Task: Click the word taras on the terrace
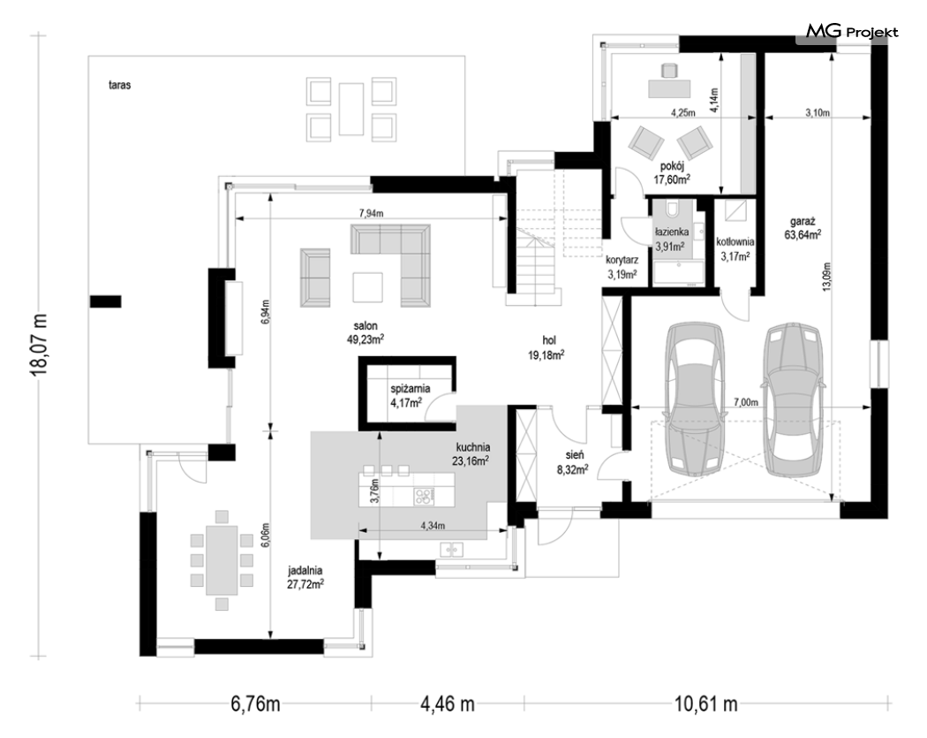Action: tap(119, 85)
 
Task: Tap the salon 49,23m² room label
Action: tap(366, 332)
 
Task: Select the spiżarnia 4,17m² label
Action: tap(410, 396)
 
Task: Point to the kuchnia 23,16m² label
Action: tap(472, 454)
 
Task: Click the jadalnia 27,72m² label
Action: tap(305, 578)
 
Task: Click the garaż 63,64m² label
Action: tap(803, 228)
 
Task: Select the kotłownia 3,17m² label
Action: tap(735, 248)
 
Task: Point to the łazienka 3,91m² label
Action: tap(671, 239)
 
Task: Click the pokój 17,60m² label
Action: tap(672, 172)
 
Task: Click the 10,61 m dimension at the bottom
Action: tap(706, 704)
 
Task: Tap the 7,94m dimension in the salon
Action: tap(372, 214)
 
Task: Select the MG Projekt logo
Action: tap(852, 31)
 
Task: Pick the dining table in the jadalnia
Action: tap(222, 559)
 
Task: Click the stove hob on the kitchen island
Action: tap(423, 496)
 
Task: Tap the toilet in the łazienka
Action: tap(673, 209)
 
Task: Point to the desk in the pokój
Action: tap(669, 88)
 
